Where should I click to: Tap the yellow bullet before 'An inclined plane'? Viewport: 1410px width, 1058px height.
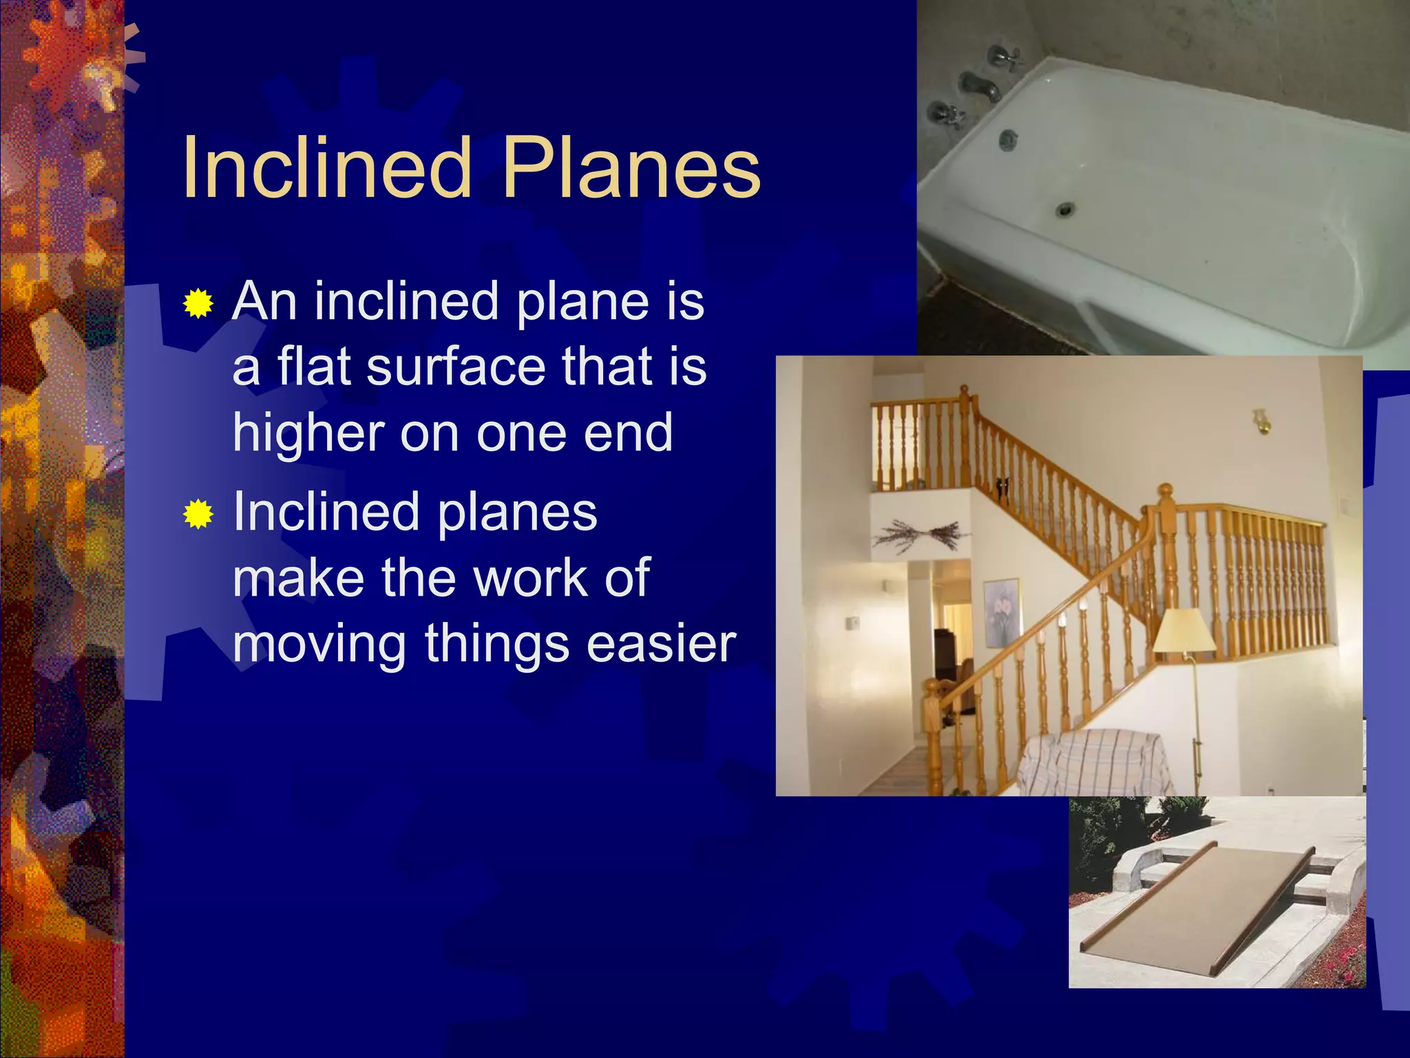(198, 304)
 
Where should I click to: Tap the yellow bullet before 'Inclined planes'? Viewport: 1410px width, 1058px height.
(198, 514)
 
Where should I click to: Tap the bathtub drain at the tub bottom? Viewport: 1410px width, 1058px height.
(1066, 207)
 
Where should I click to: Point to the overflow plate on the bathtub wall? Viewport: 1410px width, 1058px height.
(1007, 140)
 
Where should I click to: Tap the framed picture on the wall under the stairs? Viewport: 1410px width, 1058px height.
(1002, 613)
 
